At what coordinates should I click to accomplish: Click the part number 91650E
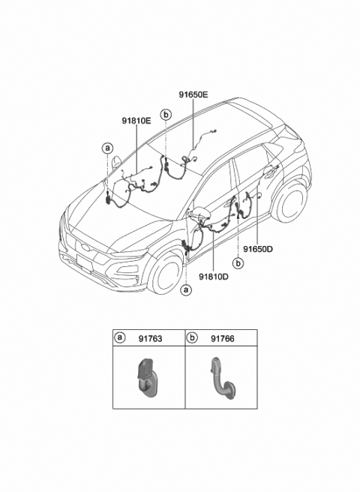(x=193, y=95)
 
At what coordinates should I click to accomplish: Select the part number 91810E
(x=136, y=120)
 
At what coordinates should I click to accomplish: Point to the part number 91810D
(x=214, y=276)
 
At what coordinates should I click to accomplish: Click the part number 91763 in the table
(x=149, y=338)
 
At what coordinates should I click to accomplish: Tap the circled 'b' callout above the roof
(x=165, y=115)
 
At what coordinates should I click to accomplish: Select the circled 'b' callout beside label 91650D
(x=238, y=263)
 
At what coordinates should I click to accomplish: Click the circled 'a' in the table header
(x=120, y=338)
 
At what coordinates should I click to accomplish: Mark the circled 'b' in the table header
(x=192, y=338)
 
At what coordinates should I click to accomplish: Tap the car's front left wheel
(x=165, y=274)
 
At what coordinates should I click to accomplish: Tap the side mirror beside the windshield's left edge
(x=116, y=161)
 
